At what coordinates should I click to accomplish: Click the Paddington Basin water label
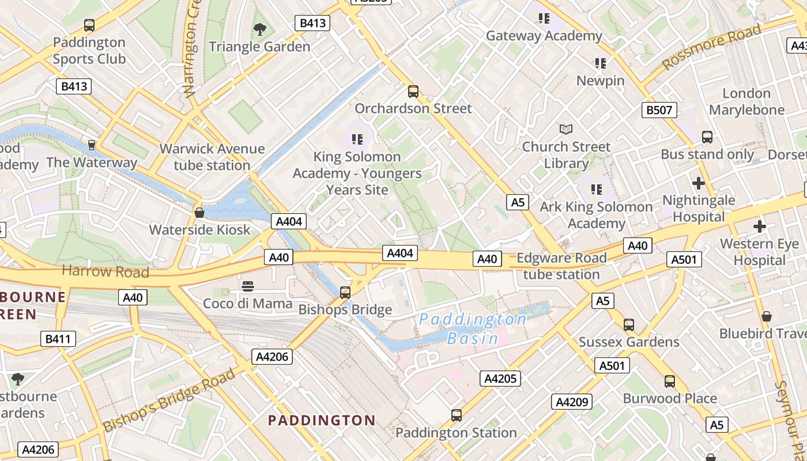(472, 328)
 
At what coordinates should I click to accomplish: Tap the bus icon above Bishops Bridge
(345, 293)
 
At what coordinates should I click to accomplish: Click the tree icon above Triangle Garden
(260, 29)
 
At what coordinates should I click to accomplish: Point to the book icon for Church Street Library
(566, 130)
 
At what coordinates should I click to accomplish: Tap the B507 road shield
(659, 110)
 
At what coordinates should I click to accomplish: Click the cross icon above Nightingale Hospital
(699, 183)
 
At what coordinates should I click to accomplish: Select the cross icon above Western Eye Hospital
(760, 226)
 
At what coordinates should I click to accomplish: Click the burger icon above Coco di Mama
(248, 286)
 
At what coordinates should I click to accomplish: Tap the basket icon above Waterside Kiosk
(199, 213)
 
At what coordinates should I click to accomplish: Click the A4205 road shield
(500, 379)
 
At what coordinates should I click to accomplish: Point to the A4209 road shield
(572, 402)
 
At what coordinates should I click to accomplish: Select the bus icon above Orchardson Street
(413, 91)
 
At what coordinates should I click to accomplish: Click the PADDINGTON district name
(322, 421)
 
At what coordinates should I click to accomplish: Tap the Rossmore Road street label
(712, 47)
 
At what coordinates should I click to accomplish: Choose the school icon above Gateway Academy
(544, 18)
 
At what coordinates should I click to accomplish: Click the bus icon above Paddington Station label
(456, 415)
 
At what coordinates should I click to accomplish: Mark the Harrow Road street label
(105, 271)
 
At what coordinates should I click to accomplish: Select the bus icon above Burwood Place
(669, 381)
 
